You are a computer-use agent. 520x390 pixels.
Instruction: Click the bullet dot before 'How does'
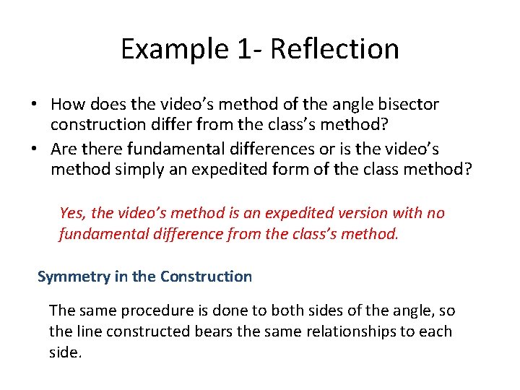click(x=34, y=105)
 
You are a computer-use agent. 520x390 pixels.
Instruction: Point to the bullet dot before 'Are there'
click(x=34, y=149)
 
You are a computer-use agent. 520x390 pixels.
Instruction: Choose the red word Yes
click(x=73, y=213)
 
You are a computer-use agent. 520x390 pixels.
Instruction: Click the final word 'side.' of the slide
click(x=65, y=353)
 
